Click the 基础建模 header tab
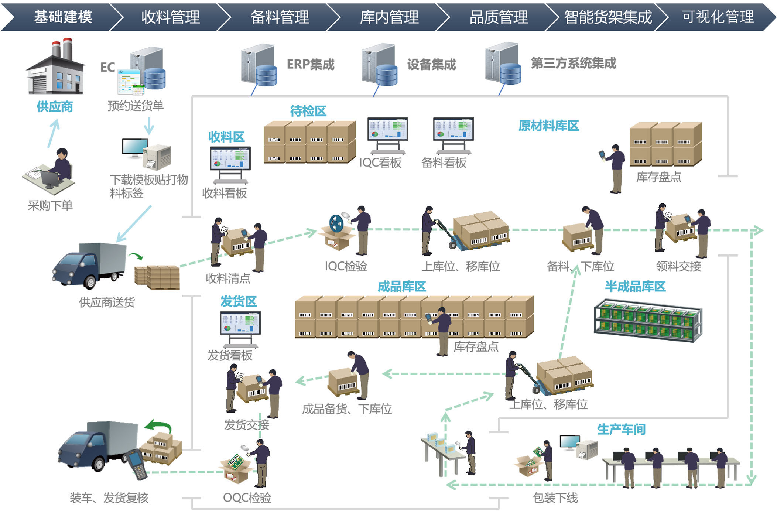pos(63,17)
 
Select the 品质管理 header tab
pos(499,17)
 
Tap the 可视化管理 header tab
pos(718,17)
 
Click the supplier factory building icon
pos(55,68)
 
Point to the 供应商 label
pos(55,107)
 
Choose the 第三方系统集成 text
pos(574,64)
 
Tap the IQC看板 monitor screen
pos(388,129)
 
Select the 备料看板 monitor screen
pos(453,129)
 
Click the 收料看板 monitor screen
pos(230,158)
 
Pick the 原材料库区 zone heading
pos(548,126)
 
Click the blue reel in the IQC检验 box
pos(336,223)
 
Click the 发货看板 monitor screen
pos(240,323)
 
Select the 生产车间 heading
pos(621,430)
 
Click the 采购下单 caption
pos(50,205)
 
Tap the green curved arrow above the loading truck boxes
pos(159,426)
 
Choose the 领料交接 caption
pos(678,266)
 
